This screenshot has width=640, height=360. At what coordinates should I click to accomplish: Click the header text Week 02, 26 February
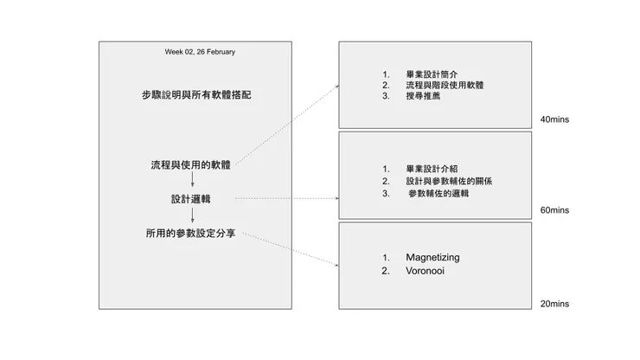tap(200, 52)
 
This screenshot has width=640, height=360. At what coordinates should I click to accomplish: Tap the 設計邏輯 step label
tap(191, 199)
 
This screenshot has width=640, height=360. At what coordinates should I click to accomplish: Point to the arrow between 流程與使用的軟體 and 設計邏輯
tap(191, 182)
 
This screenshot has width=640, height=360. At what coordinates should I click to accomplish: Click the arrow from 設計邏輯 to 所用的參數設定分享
tap(191, 216)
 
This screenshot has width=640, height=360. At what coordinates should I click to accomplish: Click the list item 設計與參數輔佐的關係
tap(451, 181)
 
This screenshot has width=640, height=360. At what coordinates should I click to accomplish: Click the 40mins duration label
tap(554, 119)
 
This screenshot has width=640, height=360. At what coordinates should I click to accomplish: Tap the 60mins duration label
tap(554, 210)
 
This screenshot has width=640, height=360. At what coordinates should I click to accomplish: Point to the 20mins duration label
tap(554, 304)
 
